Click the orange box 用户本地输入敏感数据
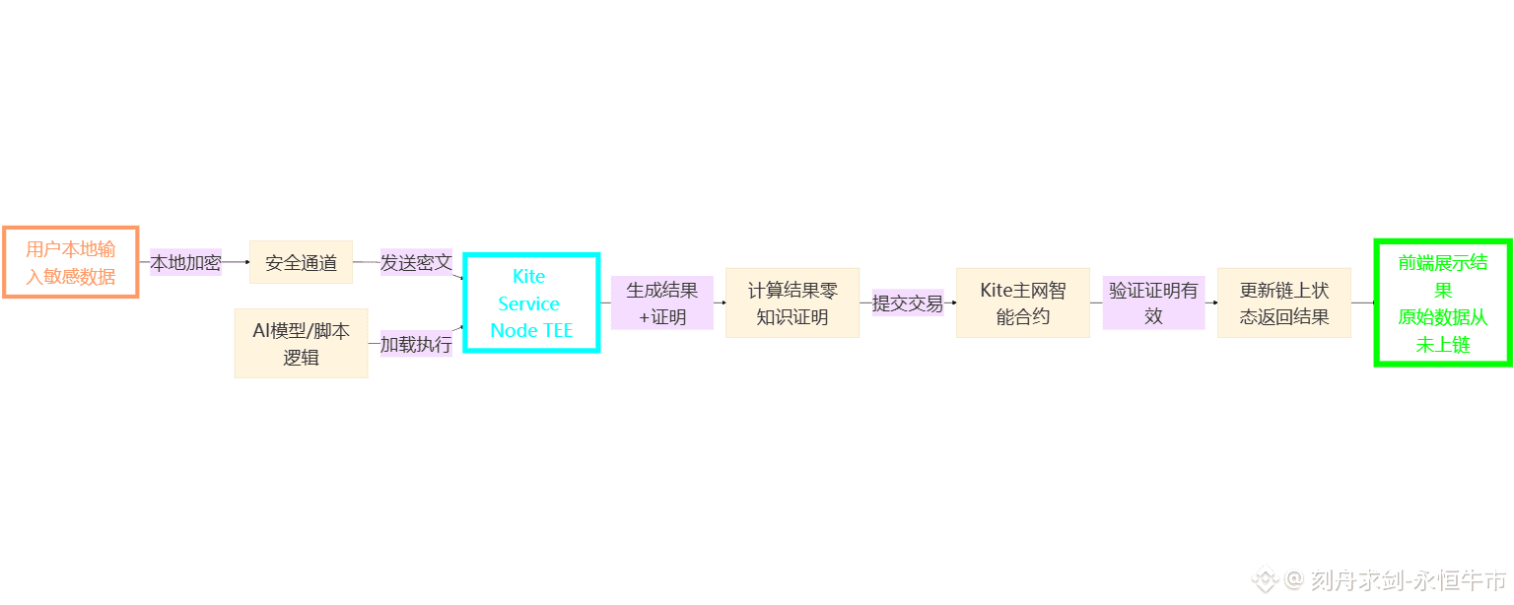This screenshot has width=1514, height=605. [70, 262]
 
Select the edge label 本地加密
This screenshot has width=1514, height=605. [185, 263]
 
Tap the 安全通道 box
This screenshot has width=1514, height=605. [301, 262]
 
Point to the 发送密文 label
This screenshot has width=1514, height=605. [416, 263]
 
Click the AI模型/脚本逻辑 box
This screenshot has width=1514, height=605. [301, 343]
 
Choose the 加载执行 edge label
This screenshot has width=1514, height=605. [416, 344]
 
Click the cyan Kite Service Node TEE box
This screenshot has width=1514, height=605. [531, 302]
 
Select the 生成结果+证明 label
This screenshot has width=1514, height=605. [661, 302]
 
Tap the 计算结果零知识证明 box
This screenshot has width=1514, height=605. [791, 302]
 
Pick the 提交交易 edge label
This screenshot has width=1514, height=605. [907, 302]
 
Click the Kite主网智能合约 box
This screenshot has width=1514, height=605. [1022, 302]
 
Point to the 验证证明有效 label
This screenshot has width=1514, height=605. [1153, 302]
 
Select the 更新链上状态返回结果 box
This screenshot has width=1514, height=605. [1283, 302]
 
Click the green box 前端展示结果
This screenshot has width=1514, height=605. [1443, 302]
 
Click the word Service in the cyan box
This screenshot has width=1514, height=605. [529, 303]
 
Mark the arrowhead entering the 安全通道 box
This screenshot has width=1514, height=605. [246, 262]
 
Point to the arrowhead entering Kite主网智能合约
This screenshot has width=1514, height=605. [953, 302]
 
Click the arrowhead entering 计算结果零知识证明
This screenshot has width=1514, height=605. [723, 302]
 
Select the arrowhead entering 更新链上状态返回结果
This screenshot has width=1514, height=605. [1214, 302]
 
